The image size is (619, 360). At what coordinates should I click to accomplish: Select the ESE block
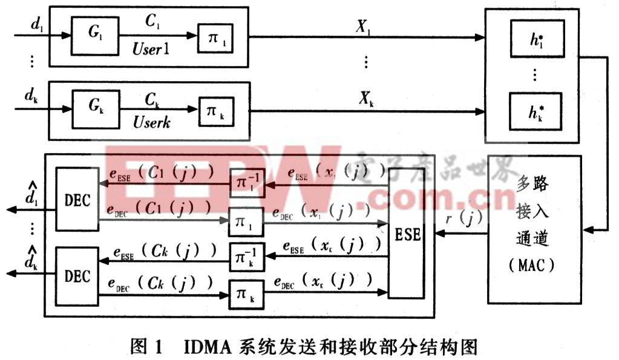pos(405,233)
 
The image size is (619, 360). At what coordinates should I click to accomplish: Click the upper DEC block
pos(77,198)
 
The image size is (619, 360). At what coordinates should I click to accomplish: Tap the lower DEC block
pos(77,275)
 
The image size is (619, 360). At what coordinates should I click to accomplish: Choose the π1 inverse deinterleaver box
pos(247,183)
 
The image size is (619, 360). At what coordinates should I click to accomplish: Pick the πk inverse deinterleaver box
pos(247,258)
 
